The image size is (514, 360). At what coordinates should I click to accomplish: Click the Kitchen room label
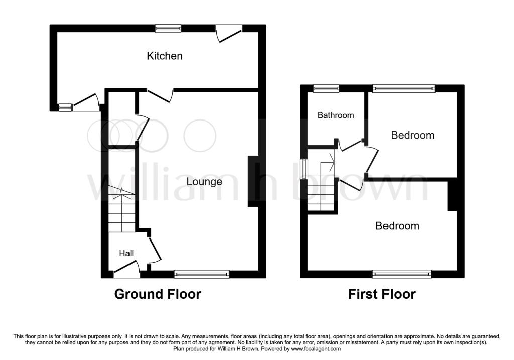pyautogui.click(x=165, y=56)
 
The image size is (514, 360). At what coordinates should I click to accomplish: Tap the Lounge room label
pyautogui.click(x=204, y=182)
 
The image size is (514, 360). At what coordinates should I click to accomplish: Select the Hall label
pyautogui.click(x=126, y=253)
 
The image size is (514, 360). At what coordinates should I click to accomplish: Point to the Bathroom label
pyautogui.click(x=336, y=115)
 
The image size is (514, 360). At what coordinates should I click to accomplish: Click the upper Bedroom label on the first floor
pyautogui.click(x=413, y=135)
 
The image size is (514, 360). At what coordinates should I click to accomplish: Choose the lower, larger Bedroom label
pyautogui.click(x=398, y=226)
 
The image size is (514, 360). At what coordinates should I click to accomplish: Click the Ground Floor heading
pyautogui.click(x=158, y=294)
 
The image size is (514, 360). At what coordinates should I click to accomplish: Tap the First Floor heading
pyautogui.click(x=382, y=294)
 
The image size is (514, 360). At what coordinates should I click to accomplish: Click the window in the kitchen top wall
pyautogui.click(x=168, y=29)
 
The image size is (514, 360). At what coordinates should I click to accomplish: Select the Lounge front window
pyautogui.click(x=202, y=274)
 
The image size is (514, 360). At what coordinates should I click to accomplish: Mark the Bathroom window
pyautogui.click(x=326, y=88)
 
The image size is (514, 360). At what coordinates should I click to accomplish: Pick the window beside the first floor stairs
pyautogui.click(x=304, y=169)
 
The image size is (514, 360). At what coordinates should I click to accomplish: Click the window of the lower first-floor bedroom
pyautogui.click(x=402, y=274)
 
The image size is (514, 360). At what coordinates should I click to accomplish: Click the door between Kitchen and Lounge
pyautogui.click(x=160, y=95)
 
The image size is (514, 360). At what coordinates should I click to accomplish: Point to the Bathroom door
pyautogui.click(x=350, y=145)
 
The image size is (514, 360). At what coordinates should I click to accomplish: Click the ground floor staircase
pyautogui.click(x=122, y=209)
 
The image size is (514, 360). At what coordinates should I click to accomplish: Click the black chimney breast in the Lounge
pyautogui.click(x=253, y=181)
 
